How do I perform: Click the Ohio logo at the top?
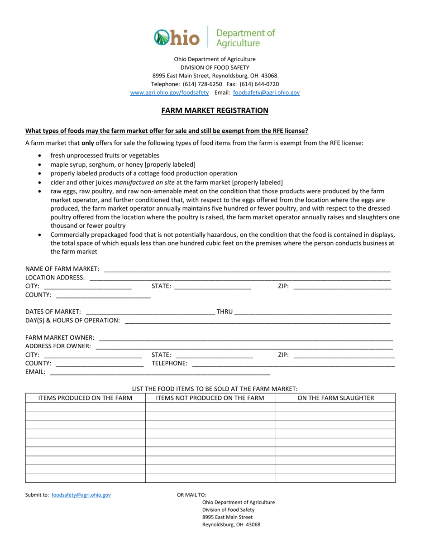coord(177,38)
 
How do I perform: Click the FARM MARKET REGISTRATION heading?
coord(215,110)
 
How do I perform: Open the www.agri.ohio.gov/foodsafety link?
coord(169,92)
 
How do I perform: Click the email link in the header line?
coord(266,92)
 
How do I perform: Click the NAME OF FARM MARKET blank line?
coord(247,270)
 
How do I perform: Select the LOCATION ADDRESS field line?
coord(240,278)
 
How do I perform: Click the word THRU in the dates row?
coord(225,312)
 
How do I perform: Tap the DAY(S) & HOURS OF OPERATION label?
coord(72,320)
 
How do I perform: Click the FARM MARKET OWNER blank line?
coord(246,338)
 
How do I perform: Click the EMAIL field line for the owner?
coord(160,372)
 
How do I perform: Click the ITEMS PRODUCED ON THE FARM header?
coord(86,398)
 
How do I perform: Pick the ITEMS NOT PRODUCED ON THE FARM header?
coord(210,398)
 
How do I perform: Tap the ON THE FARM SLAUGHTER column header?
coord(335,398)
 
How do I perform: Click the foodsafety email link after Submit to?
coord(81,495)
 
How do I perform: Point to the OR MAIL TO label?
coord(191,495)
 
